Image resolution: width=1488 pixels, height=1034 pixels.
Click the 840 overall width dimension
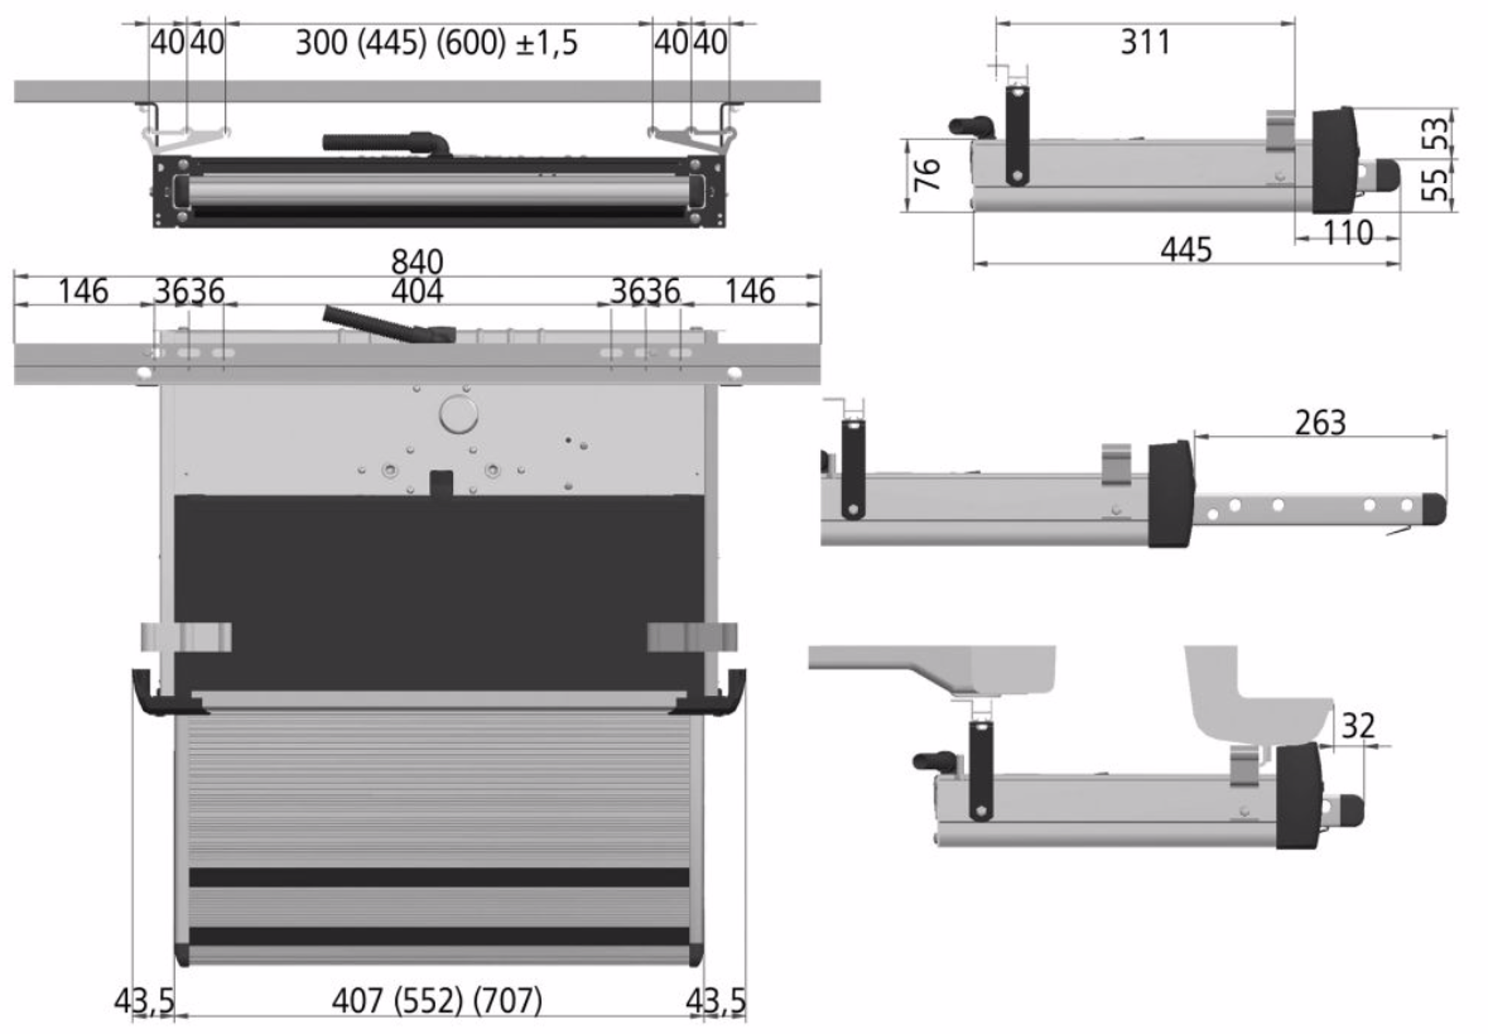[x=417, y=261]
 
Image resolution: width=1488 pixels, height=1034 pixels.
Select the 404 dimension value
[x=417, y=292]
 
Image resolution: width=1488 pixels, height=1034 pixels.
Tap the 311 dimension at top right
[x=1145, y=42]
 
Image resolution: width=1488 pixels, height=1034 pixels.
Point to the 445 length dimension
[x=1186, y=250]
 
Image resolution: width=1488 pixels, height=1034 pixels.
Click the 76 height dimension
[x=927, y=175]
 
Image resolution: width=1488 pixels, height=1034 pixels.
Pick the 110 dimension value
[x=1348, y=233]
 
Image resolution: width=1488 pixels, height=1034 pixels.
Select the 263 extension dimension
[x=1320, y=423]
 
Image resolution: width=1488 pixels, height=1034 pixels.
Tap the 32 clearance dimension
[x=1358, y=726]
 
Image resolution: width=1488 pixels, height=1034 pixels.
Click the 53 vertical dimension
[x=1438, y=133]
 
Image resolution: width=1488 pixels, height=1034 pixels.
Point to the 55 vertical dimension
[x=1435, y=185]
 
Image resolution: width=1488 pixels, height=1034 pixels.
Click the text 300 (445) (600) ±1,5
[x=437, y=43]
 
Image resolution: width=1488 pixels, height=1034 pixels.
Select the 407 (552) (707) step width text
[x=437, y=1001]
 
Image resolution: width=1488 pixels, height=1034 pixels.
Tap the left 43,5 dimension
[x=144, y=1001]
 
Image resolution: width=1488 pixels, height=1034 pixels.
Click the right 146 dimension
[x=749, y=292]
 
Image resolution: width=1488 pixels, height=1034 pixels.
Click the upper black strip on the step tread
[x=439, y=877]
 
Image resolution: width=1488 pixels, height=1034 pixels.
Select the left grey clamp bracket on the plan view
[x=186, y=637]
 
